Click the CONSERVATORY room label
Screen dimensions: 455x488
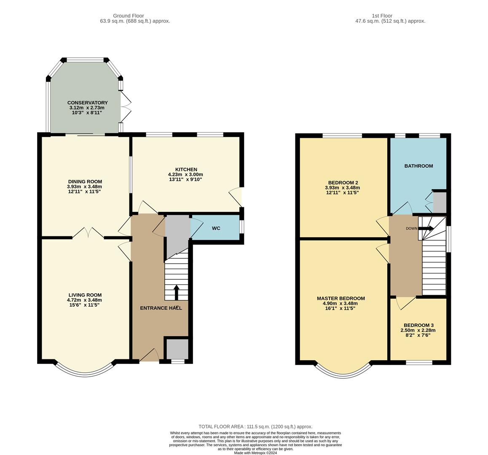pos(87,103)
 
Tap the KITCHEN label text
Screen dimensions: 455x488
pos(186,169)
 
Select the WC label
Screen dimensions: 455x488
pos(216,228)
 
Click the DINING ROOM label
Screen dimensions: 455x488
pos(84,182)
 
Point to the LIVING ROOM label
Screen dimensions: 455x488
pos(85,295)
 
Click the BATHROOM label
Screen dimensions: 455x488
pos(418,166)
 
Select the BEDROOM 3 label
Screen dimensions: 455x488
pos(418,325)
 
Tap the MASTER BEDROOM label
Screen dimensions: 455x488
pos(341,298)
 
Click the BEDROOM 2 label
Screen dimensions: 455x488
pos(341,182)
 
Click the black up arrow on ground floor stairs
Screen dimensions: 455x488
pos(176,292)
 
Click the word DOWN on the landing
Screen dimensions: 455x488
pos(411,229)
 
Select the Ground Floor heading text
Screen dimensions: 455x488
pos(128,16)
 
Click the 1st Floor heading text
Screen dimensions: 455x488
pos(382,16)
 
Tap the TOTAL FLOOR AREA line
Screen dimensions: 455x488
pos(255,426)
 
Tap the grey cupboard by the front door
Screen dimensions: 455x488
pos(177,348)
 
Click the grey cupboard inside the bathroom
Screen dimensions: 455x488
pos(439,203)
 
